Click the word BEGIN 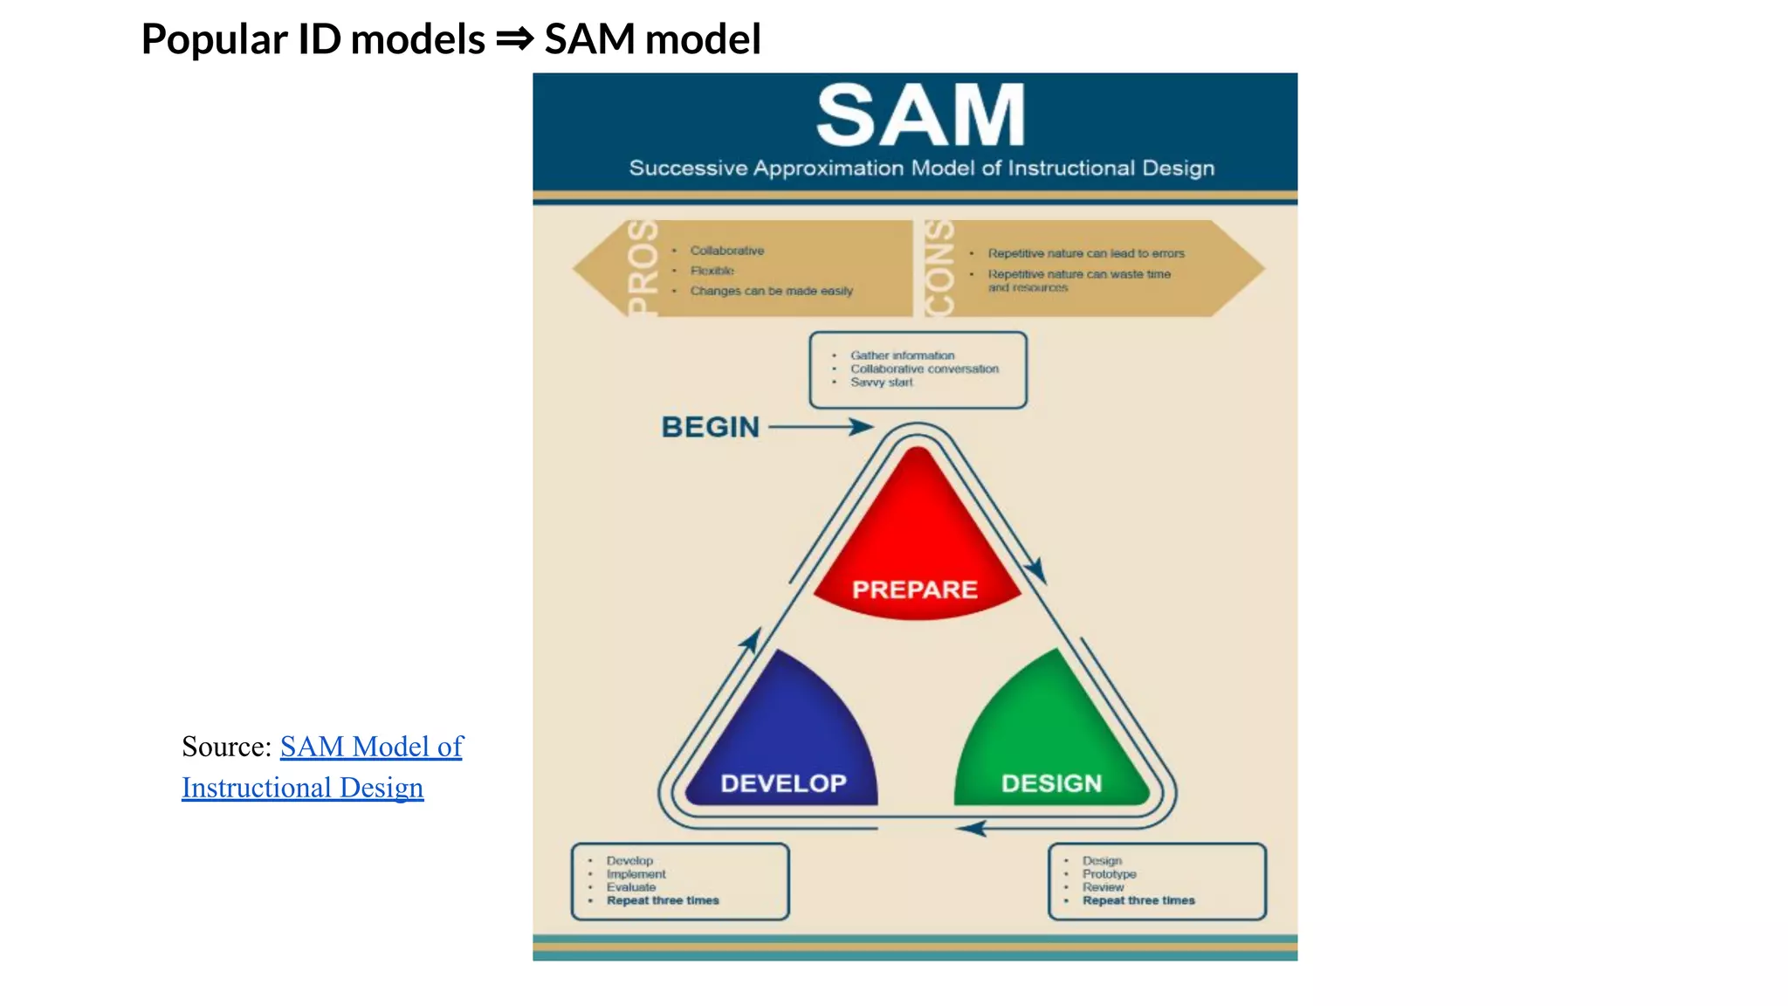pyautogui.click(x=711, y=427)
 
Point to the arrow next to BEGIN pyautogui.click(x=821, y=427)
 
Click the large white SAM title pyautogui.click(x=920, y=116)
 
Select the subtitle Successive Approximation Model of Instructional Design pyautogui.click(x=921, y=168)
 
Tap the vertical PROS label pyautogui.click(x=643, y=268)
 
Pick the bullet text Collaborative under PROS pyautogui.click(x=726, y=251)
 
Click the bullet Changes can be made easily pyautogui.click(x=771, y=291)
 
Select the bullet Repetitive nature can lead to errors pyautogui.click(x=1086, y=253)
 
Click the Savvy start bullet pyautogui.click(x=882, y=382)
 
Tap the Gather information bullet pyautogui.click(x=902, y=355)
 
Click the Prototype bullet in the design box pyautogui.click(x=1109, y=874)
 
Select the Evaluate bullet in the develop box pyautogui.click(x=631, y=887)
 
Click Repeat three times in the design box pyautogui.click(x=1138, y=900)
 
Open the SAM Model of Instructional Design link pyautogui.click(x=371, y=748)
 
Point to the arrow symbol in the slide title pyautogui.click(x=514, y=39)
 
